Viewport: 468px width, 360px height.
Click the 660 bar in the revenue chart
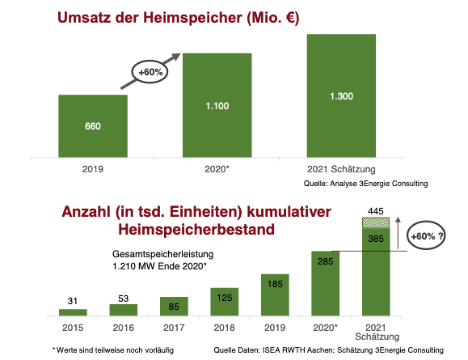(x=92, y=126)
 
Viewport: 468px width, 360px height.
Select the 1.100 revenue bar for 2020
(x=216, y=105)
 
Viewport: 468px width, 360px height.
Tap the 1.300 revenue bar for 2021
(x=341, y=96)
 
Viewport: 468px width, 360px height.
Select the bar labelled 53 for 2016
(x=124, y=309)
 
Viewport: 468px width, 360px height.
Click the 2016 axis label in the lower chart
(x=124, y=328)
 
